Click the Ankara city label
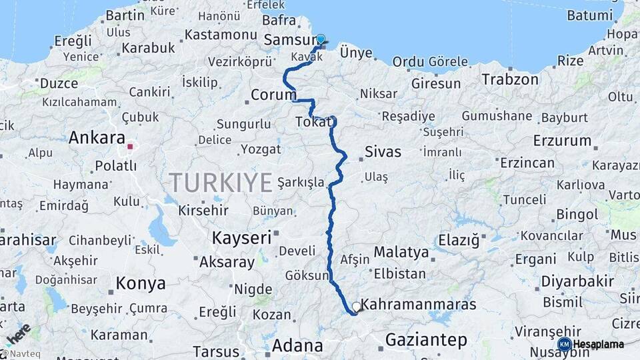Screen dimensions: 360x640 click(97, 139)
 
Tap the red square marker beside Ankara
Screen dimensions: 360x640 click(131, 147)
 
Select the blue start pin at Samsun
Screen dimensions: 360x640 click(321, 40)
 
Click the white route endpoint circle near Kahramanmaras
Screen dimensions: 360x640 click(357, 307)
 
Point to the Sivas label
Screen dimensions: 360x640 click(383, 152)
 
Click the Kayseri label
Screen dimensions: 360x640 click(241, 237)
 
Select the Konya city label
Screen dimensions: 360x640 click(141, 283)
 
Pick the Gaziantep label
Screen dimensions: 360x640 click(426, 340)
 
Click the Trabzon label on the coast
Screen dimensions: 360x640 click(510, 79)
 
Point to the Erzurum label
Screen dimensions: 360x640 click(562, 141)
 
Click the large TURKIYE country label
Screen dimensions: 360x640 click(221, 181)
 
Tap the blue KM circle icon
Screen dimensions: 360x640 click(564, 344)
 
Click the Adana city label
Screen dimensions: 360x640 click(297, 346)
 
